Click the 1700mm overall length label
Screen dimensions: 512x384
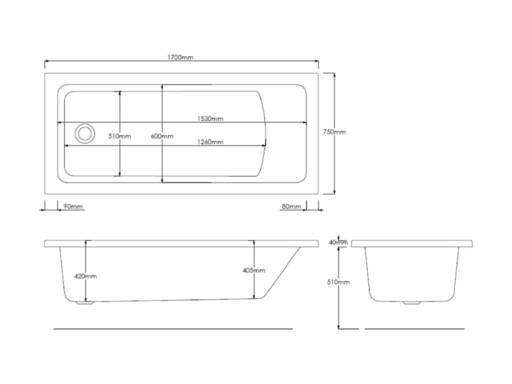180,57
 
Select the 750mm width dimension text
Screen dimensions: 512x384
334,132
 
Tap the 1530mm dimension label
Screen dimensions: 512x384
210,119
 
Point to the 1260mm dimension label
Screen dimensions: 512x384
210,142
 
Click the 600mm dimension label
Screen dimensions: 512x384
162,136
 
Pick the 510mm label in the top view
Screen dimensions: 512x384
120,136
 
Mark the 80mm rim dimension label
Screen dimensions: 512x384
291,206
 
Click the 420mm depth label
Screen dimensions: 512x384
85,276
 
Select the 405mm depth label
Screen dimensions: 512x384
254,270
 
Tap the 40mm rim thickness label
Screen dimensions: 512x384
338,242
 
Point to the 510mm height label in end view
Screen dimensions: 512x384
338,282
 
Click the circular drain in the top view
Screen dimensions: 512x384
84,133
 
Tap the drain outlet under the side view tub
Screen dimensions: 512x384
84,302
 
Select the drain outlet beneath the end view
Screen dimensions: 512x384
412,302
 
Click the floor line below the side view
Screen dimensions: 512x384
173,329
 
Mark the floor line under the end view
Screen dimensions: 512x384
414,329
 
